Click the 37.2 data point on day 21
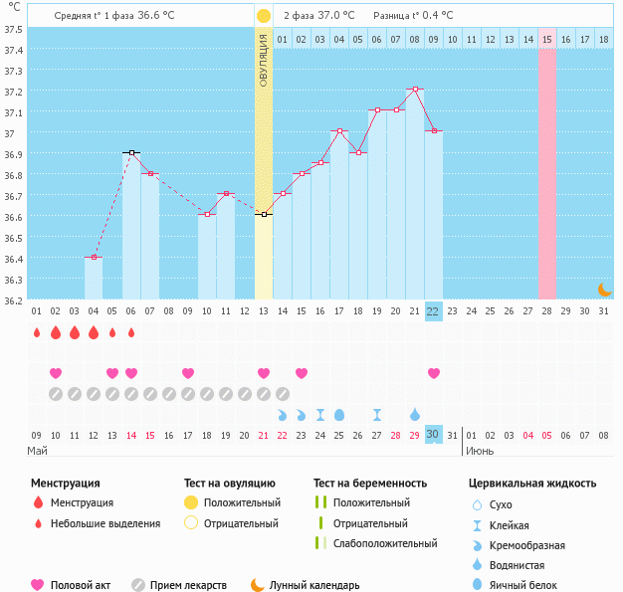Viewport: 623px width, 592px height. click(x=415, y=89)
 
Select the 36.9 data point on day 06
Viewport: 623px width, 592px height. click(x=130, y=152)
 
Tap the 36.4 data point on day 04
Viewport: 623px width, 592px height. click(x=93, y=257)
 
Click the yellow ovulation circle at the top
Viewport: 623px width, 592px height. click(x=263, y=16)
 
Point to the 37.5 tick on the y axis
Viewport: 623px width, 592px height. click(x=13, y=30)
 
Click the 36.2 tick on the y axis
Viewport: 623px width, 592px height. click(x=13, y=299)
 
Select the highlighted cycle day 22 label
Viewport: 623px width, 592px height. click(x=433, y=310)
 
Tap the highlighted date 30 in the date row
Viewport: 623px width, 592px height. click(x=433, y=434)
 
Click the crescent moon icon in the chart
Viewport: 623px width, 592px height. click(x=604, y=289)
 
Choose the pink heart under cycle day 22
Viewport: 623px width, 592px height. click(x=434, y=373)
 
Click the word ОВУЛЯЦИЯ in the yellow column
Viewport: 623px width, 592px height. click(x=264, y=61)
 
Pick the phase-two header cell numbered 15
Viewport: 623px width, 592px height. click(x=547, y=40)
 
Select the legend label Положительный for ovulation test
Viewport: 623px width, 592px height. click(x=242, y=502)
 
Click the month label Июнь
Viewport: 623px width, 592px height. click(x=480, y=450)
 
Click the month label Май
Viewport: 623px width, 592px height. click(x=37, y=450)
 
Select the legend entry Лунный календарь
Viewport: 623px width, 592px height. click(x=314, y=585)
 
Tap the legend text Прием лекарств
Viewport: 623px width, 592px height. click(x=188, y=585)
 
